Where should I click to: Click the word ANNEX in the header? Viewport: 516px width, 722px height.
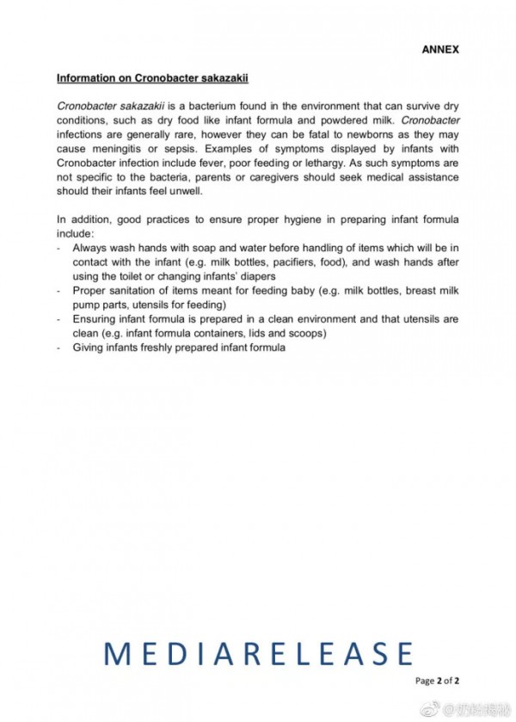coord(439,49)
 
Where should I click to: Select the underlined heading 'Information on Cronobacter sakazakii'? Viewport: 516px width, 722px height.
coord(152,77)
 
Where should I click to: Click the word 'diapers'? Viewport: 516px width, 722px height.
coord(256,275)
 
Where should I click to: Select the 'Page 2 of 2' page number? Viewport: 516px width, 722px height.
coord(437,680)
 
